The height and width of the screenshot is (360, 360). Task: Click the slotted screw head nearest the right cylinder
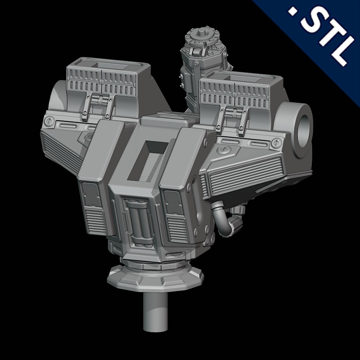pyautogui.click(x=276, y=143)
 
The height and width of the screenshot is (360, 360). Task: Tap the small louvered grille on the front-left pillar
pyautogui.click(x=96, y=221)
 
